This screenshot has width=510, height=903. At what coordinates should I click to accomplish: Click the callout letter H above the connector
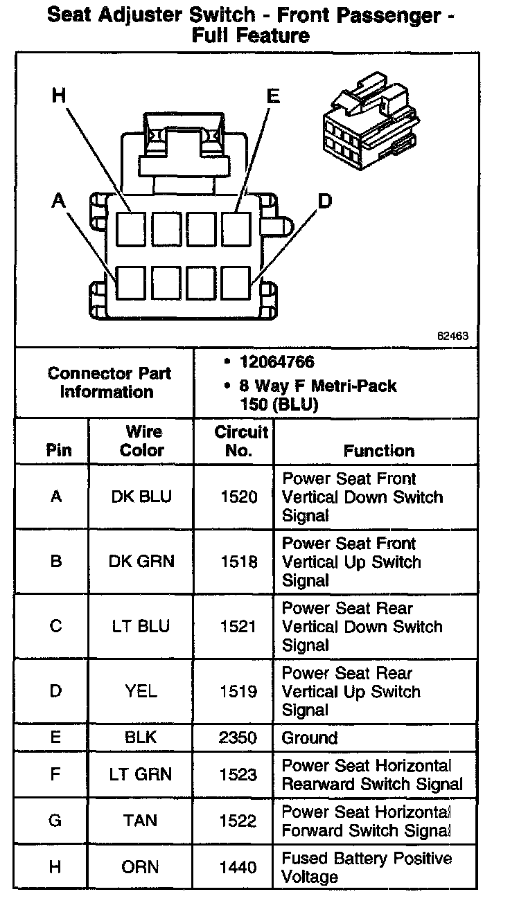[x=60, y=96]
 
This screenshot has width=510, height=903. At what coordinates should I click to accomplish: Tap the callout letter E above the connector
[x=273, y=96]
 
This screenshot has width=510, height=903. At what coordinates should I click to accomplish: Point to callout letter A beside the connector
[x=59, y=201]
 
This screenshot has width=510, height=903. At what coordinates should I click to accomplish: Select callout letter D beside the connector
[x=325, y=201]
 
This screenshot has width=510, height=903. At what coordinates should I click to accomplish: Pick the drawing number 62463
[x=453, y=337]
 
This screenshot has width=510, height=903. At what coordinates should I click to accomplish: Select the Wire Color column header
[x=141, y=441]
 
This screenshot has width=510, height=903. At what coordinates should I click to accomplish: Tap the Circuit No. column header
[x=240, y=441]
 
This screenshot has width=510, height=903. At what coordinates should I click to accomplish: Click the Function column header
[x=379, y=451]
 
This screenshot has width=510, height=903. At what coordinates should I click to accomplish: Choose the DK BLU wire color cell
[x=141, y=497]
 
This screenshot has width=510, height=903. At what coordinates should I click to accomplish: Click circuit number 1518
[x=238, y=562]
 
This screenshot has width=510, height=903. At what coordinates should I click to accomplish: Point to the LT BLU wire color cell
[x=141, y=627]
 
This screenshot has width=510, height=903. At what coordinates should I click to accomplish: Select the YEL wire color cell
[x=141, y=691]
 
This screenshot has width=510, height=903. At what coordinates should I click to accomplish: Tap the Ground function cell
[x=309, y=738]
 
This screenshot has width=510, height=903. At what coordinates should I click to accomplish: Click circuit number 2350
[x=238, y=738]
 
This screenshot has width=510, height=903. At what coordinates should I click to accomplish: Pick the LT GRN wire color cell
[x=141, y=775]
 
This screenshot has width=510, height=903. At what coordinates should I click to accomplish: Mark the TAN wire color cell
[x=141, y=821]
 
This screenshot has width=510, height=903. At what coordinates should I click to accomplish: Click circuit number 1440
[x=238, y=867]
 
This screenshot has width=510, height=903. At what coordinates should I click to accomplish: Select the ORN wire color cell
[x=141, y=867]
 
